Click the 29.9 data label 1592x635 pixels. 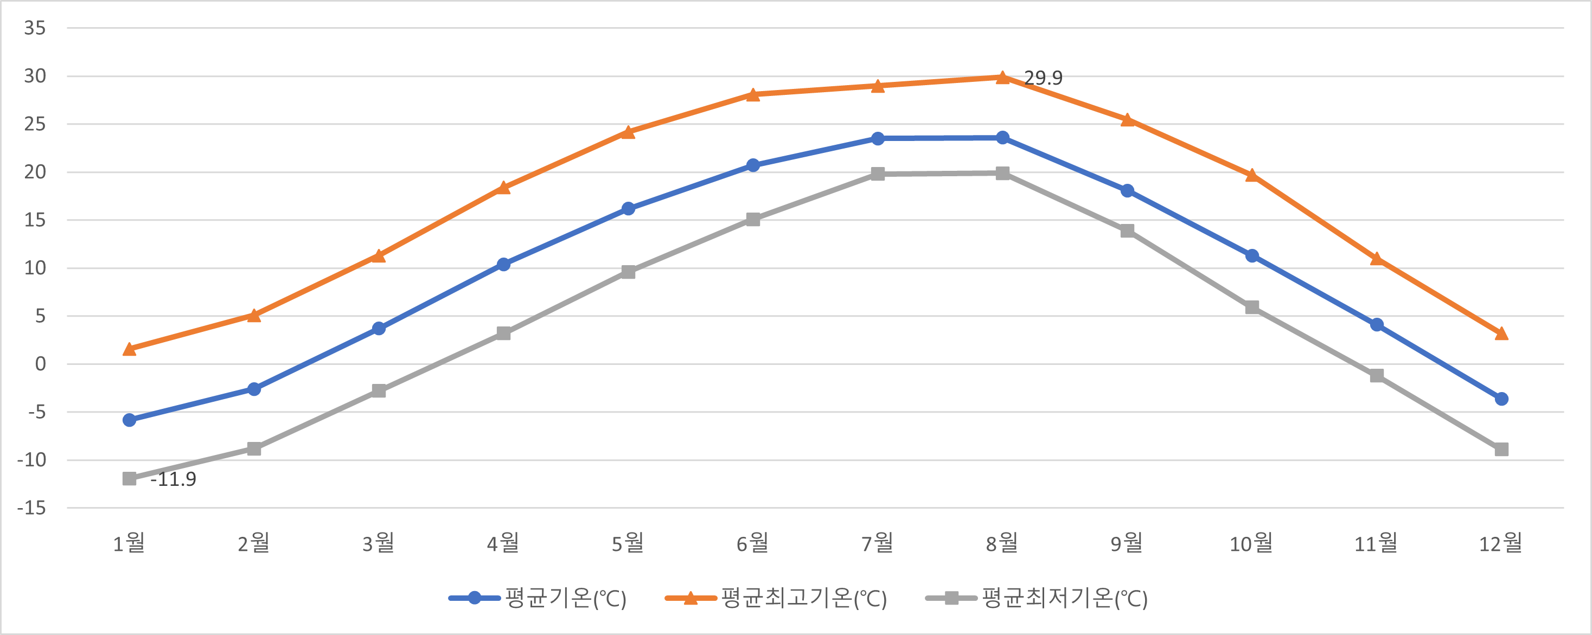(x=1043, y=78)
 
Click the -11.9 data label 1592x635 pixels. (x=174, y=479)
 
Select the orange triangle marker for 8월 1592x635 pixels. (x=1002, y=77)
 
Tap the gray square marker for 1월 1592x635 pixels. (x=129, y=479)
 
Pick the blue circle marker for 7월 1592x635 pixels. (x=878, y=138)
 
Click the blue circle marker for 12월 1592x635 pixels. (x=1501, y=399)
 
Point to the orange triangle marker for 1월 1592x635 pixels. (x=129, y=349)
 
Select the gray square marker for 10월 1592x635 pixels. (x=1251, y=307)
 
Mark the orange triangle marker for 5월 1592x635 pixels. (x=628, y=132)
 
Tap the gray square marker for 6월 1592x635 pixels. (x=753, y=219)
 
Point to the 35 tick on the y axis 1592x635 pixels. (x=35, y=28)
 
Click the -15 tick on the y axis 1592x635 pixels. (x=31, y=508)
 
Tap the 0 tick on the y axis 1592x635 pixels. (x=40, y=364)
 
